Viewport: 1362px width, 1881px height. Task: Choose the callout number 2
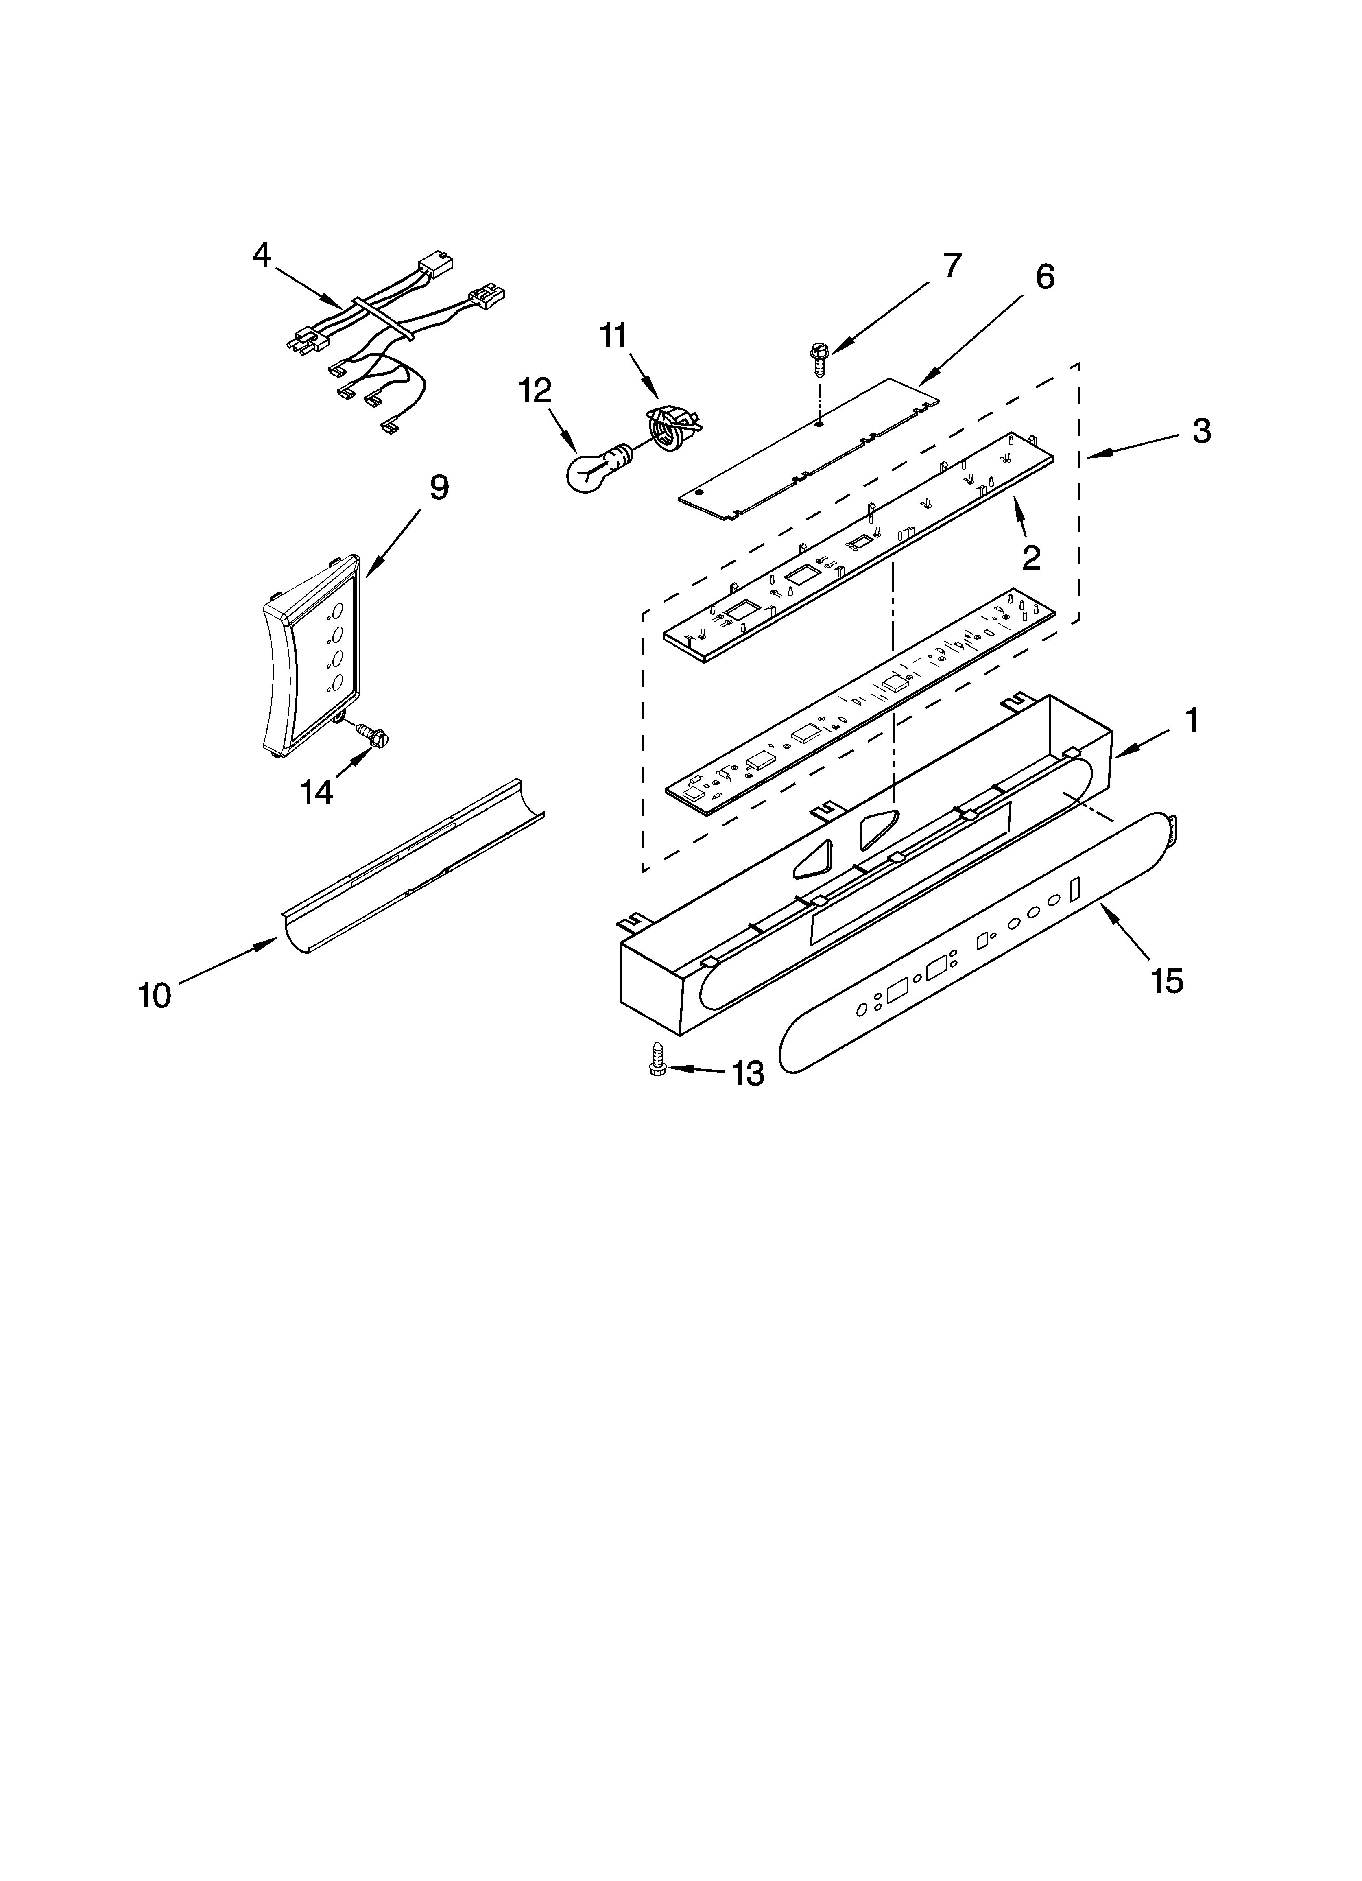point(1031,558)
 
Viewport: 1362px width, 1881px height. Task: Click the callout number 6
point(1044,277)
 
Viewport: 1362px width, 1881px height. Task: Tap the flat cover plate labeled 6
point(809,452)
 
